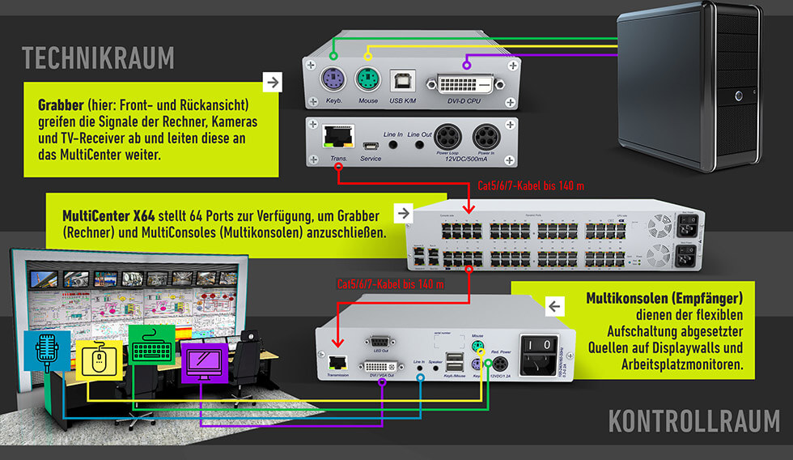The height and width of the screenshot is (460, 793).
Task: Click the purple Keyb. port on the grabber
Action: click(x=333, y=81)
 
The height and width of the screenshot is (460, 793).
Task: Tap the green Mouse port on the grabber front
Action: click(x=367, y=81)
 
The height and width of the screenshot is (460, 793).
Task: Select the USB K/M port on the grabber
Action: click(x=402, y=81)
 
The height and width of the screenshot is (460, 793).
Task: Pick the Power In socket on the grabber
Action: click(x=486, y=136)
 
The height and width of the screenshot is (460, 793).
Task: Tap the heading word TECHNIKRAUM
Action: click(x=98, y=58)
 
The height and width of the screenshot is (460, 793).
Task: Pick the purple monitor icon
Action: click(x=206, y=362)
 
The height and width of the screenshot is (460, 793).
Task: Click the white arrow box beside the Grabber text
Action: click(x=273, y=82)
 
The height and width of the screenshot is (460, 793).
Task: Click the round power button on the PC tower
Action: click(x=740, y=96)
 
